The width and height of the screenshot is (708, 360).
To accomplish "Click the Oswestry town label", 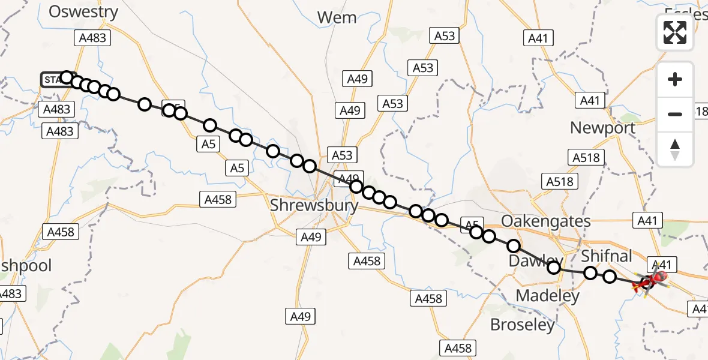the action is point(83,11).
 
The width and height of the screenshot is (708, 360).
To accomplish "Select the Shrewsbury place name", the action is point(314,205).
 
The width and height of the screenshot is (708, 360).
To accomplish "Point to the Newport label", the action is point(602,128).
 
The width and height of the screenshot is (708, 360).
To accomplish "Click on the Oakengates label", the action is point(545,221).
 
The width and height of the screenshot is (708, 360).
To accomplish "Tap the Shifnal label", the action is point(607,256).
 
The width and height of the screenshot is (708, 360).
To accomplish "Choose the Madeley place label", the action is point(548,295).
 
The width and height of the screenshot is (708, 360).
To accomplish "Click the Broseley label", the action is point(522,325).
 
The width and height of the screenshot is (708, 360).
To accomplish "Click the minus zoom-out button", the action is point(675,114).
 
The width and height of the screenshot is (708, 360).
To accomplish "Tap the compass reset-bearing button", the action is point(675,149).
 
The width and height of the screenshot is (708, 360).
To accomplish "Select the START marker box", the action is point(52,79).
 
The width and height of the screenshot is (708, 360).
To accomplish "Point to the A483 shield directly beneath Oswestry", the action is point(92,38).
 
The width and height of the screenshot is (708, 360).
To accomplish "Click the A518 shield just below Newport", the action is point(586,157).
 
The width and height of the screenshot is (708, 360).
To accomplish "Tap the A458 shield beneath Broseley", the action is point(458,347).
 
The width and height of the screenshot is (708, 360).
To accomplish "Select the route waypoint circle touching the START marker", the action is point(67,77).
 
